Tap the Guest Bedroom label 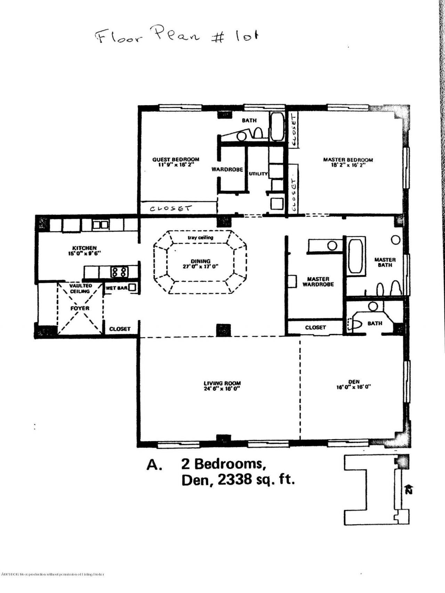coord(176,160)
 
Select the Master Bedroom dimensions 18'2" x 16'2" coord(348,165)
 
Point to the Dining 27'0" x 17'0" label coord(201,264)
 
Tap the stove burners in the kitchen coord(119,272)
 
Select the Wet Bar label coord(116,288)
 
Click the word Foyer coord(80,308)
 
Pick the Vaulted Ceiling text coord(80,288)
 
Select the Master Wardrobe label coord(318,281)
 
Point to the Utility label coord(258,174)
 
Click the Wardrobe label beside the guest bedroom coord(227,170)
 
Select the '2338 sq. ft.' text coord(257,480)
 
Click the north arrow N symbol coord(409,489)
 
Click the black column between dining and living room coord(223,330)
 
